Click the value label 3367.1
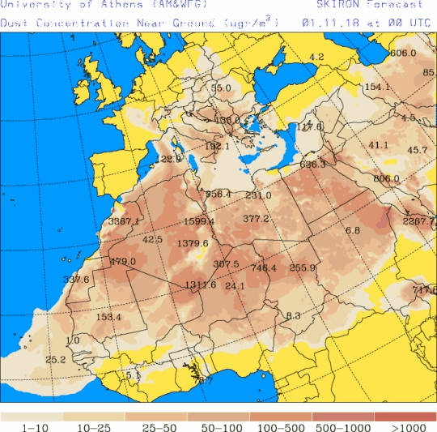pyautogui.click(x=124, y=221)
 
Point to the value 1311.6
pyautogui.click(x=200, y=284)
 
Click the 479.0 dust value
pyautogui.click(x=122, y=261)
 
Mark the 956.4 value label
pyautogui.click(x=218, y=194)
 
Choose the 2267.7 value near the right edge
pyautogui.click(x=418, y=221)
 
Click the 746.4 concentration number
pyautogui.click(x=264, y=267)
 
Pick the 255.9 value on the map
pyautogui.click(x=302, y=267)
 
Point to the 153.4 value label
pyautogui.click(x=108, y=317)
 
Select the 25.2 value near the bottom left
pyautogui.click(x=55, y=359)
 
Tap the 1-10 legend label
pyautogui.click(x=32, y=426)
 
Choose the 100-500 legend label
pyautogui.click(x=280, y=426)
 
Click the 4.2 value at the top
pyautogui.click(x=316, y=57)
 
